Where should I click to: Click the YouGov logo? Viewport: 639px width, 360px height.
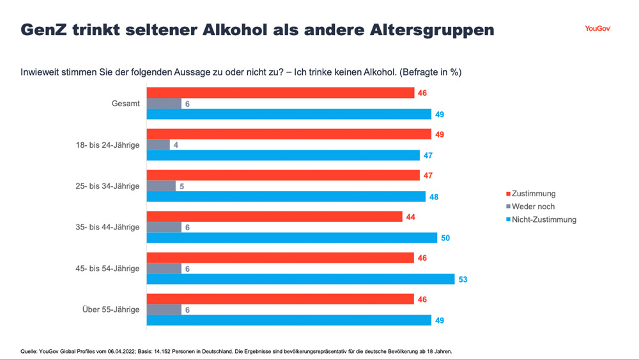pos(597,28)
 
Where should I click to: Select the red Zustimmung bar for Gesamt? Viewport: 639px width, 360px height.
pos(281,93)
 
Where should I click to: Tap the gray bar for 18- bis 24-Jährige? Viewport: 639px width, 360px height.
pos(158,145)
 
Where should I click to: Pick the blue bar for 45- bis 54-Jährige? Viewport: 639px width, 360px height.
pos(300,279)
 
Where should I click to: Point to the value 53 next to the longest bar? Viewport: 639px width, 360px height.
pos(463,279)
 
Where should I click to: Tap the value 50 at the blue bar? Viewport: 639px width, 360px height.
pos(446,238)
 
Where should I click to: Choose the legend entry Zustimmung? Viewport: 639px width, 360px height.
pos(534,194)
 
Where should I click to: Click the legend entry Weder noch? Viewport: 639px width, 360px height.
pos(533,207)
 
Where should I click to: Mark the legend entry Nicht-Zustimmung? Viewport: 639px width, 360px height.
pos(544,219)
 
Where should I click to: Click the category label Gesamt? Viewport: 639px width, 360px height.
pos(125,104)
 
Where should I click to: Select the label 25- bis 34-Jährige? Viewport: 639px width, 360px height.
pos(107,186)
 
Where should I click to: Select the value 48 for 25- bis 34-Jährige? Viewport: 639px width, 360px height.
pos(434,197)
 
